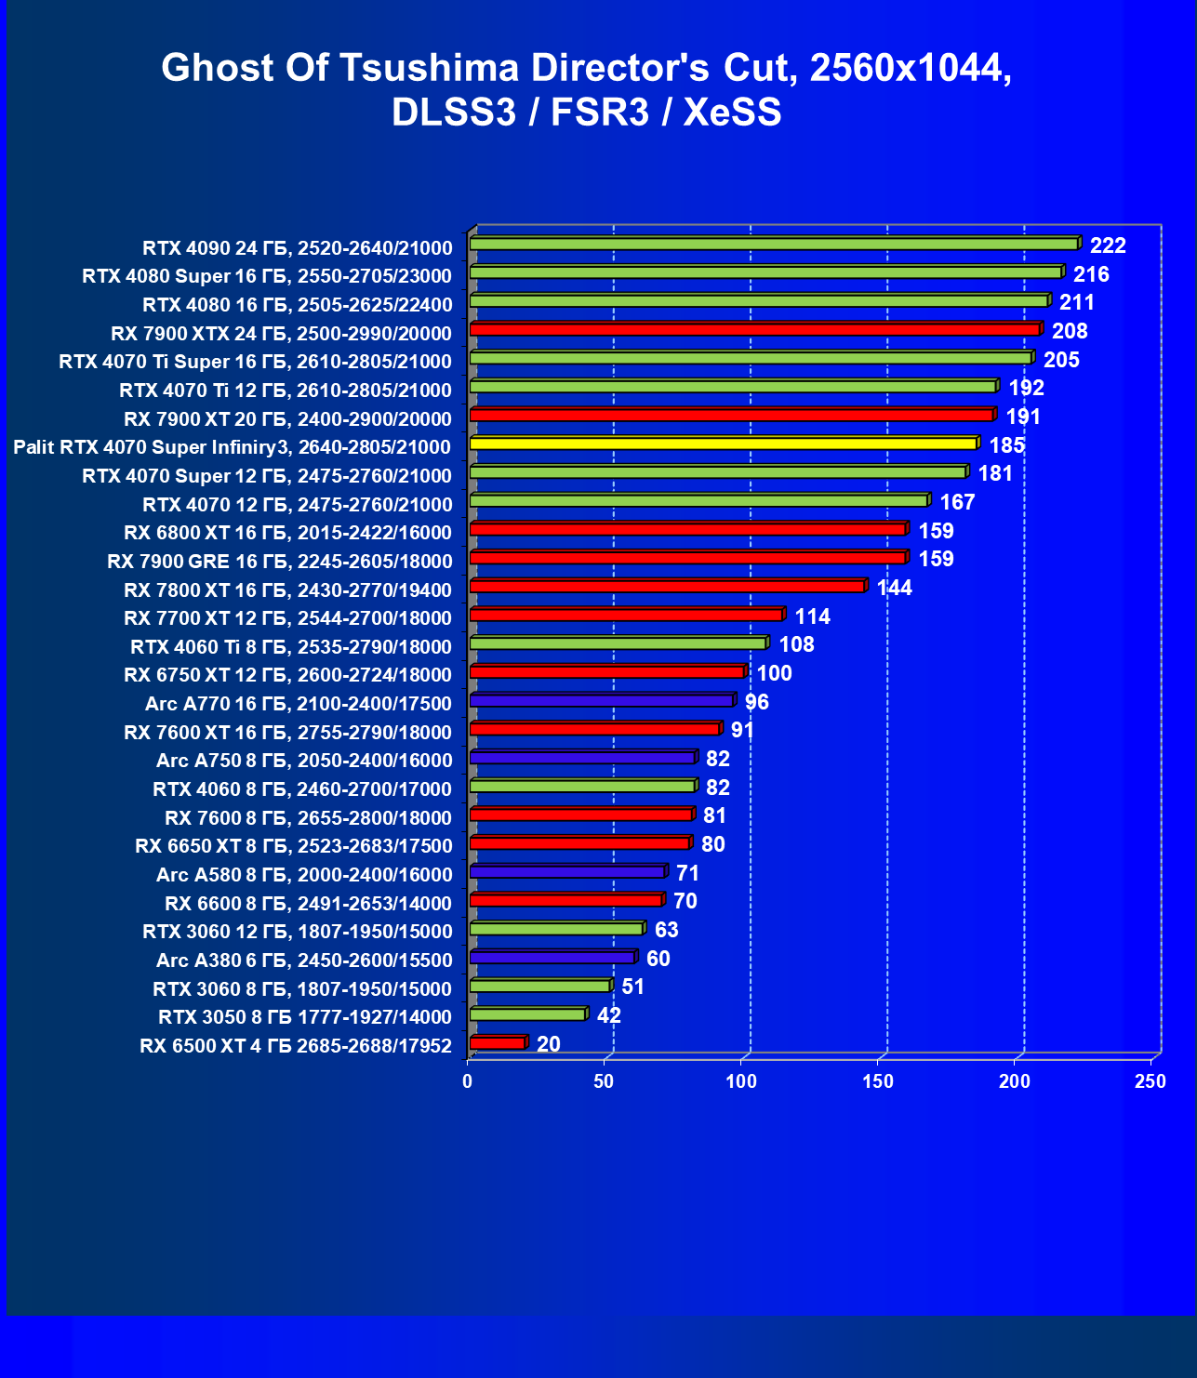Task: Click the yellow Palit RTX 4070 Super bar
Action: click(x=724, y=444)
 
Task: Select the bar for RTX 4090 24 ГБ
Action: click(x=774, y=244)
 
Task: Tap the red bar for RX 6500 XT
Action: click(x=498, y=1043)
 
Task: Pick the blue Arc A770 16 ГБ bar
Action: click(x=602, y=700)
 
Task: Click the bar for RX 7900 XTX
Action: click(x=754, y=329)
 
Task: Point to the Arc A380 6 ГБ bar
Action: click(x=552, y=958)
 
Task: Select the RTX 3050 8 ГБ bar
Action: click(x=527, y=1014)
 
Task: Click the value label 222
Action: click(x=1108, y=245)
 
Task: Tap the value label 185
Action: click(x=1006, y=445)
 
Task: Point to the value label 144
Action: click(x=895, y=588)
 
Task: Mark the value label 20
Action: click(x=549, y=1044)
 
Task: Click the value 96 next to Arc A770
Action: click(x=757, y=702)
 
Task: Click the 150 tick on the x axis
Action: click(x=878, y=1081)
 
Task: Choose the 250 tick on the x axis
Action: click(x=1150, y=1081)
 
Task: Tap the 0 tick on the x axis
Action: click(x=468, y=1081)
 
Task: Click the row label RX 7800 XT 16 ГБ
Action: click(x=287, y=590)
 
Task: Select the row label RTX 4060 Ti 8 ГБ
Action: click(x=291, y=647)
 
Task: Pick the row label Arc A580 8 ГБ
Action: click(x=304, y=875)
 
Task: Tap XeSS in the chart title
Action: click(x=732, y=113)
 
